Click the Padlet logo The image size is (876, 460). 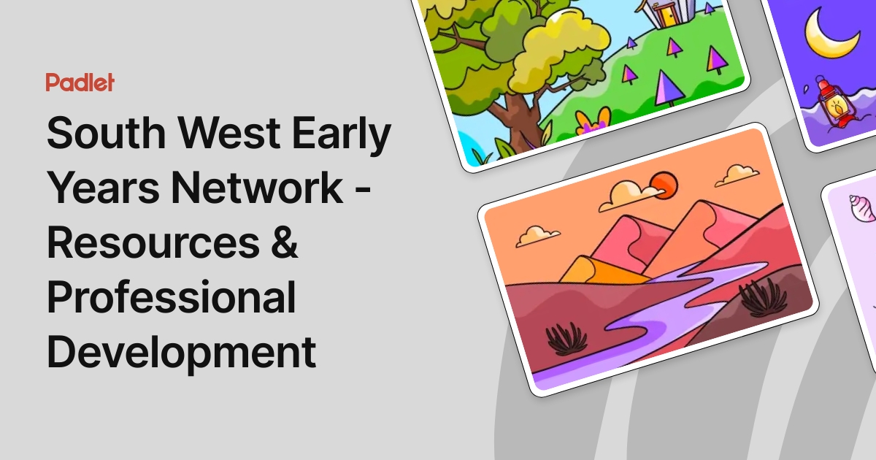(80, 83)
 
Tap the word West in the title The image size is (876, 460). (239, 136)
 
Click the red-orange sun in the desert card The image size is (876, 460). (664, 185)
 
